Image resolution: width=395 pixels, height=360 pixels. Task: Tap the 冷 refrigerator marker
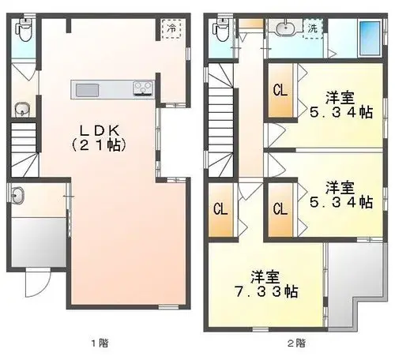pos(171,28)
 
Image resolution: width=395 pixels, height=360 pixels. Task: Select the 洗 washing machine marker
pos(313,28)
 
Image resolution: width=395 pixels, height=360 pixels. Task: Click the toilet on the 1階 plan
pos(24,30)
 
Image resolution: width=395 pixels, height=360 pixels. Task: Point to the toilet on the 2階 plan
pos(222,30)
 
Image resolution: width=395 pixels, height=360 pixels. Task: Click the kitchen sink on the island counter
pos(88,90)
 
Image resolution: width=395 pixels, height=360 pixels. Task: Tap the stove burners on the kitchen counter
pos(143,88)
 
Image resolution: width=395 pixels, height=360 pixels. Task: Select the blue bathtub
pos(370,39)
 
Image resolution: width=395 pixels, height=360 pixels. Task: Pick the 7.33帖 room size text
pos(266,291)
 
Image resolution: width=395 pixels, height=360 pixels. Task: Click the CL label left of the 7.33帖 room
pos(220,209)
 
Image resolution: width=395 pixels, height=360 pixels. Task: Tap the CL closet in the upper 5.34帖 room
pos(280,90)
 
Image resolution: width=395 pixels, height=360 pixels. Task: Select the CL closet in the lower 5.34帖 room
pos(280,209)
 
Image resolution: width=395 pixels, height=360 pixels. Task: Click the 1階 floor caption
pos(100,343)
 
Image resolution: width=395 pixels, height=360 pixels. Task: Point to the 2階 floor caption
pos(296,343)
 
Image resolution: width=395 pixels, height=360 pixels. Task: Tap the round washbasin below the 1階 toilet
pos(22,109)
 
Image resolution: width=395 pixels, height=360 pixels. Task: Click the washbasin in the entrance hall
pos(17,195)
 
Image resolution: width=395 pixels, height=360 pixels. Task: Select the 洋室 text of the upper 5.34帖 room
pos(340,98)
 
